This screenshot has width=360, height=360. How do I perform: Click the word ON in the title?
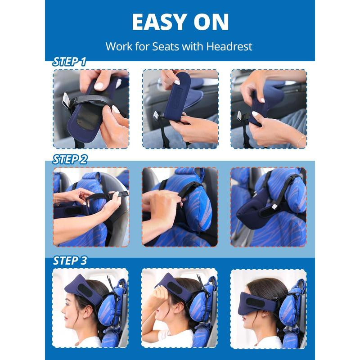[211, 22]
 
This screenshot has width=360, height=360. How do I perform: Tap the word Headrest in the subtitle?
[229, 46]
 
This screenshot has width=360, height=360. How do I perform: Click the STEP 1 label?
[69, 62]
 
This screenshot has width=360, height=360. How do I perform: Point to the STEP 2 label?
[70, 159]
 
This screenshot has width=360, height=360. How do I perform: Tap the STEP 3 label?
[70, 261]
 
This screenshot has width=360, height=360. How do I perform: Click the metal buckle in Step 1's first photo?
[66, 101]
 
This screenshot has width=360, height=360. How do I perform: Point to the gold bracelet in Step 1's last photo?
[301, 141]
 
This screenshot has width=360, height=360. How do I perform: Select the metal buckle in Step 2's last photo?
[274, 206]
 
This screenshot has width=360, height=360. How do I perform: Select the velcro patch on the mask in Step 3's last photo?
[255, 302]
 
